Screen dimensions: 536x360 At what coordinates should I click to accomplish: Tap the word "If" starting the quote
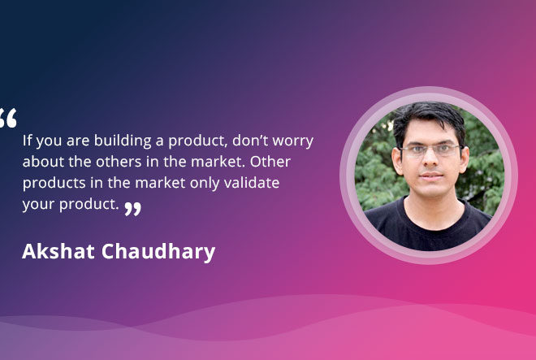27,140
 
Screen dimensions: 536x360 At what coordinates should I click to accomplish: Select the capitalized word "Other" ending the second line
270,162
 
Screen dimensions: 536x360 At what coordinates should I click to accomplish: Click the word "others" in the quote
119,162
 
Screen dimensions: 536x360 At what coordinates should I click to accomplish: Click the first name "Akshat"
58,251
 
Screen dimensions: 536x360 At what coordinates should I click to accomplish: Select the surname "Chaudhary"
158,252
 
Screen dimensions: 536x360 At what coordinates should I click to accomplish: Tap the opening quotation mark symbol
7,118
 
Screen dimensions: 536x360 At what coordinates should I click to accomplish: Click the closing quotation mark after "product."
132,209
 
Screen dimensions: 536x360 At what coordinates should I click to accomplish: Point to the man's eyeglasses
430,150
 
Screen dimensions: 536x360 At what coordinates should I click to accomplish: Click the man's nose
430,159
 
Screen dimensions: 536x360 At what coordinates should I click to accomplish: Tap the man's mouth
431,176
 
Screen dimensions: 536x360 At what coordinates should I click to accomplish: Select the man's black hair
429,119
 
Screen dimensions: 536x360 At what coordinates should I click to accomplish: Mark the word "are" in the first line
78,141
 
